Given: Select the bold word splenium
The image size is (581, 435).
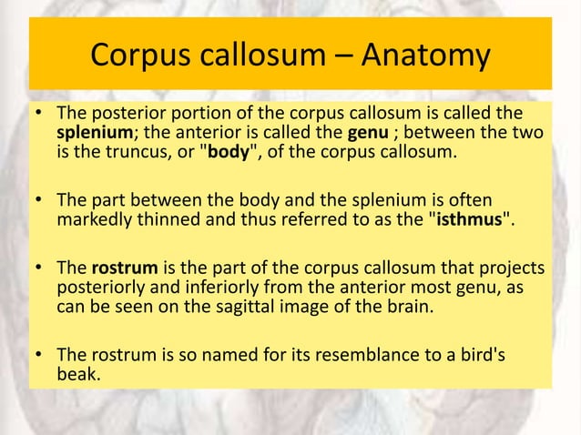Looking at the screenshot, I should click(89, 134).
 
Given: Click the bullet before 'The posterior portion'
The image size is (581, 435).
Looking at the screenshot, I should click(40, 116).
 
